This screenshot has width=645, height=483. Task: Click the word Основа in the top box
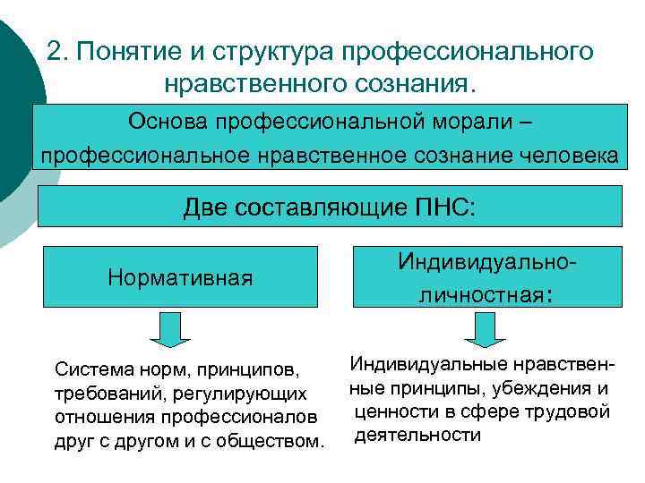[170, 120]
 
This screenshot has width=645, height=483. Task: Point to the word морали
[482, 120]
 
